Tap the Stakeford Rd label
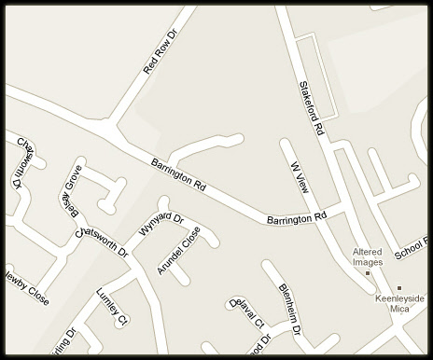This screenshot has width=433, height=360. [310, 110]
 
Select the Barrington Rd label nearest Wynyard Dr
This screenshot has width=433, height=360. [178, 174]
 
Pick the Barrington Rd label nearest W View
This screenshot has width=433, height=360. [297, 219]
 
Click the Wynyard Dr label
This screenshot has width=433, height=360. [162, 224]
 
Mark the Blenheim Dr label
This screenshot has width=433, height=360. [289, 308]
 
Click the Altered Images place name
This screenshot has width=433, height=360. [368, 256]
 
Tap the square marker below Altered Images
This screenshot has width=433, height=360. [368, 273]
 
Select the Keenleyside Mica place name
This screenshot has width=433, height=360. [399, 304]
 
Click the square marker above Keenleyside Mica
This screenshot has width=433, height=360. [399, 288]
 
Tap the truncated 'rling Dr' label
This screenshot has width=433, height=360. [58, 342]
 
